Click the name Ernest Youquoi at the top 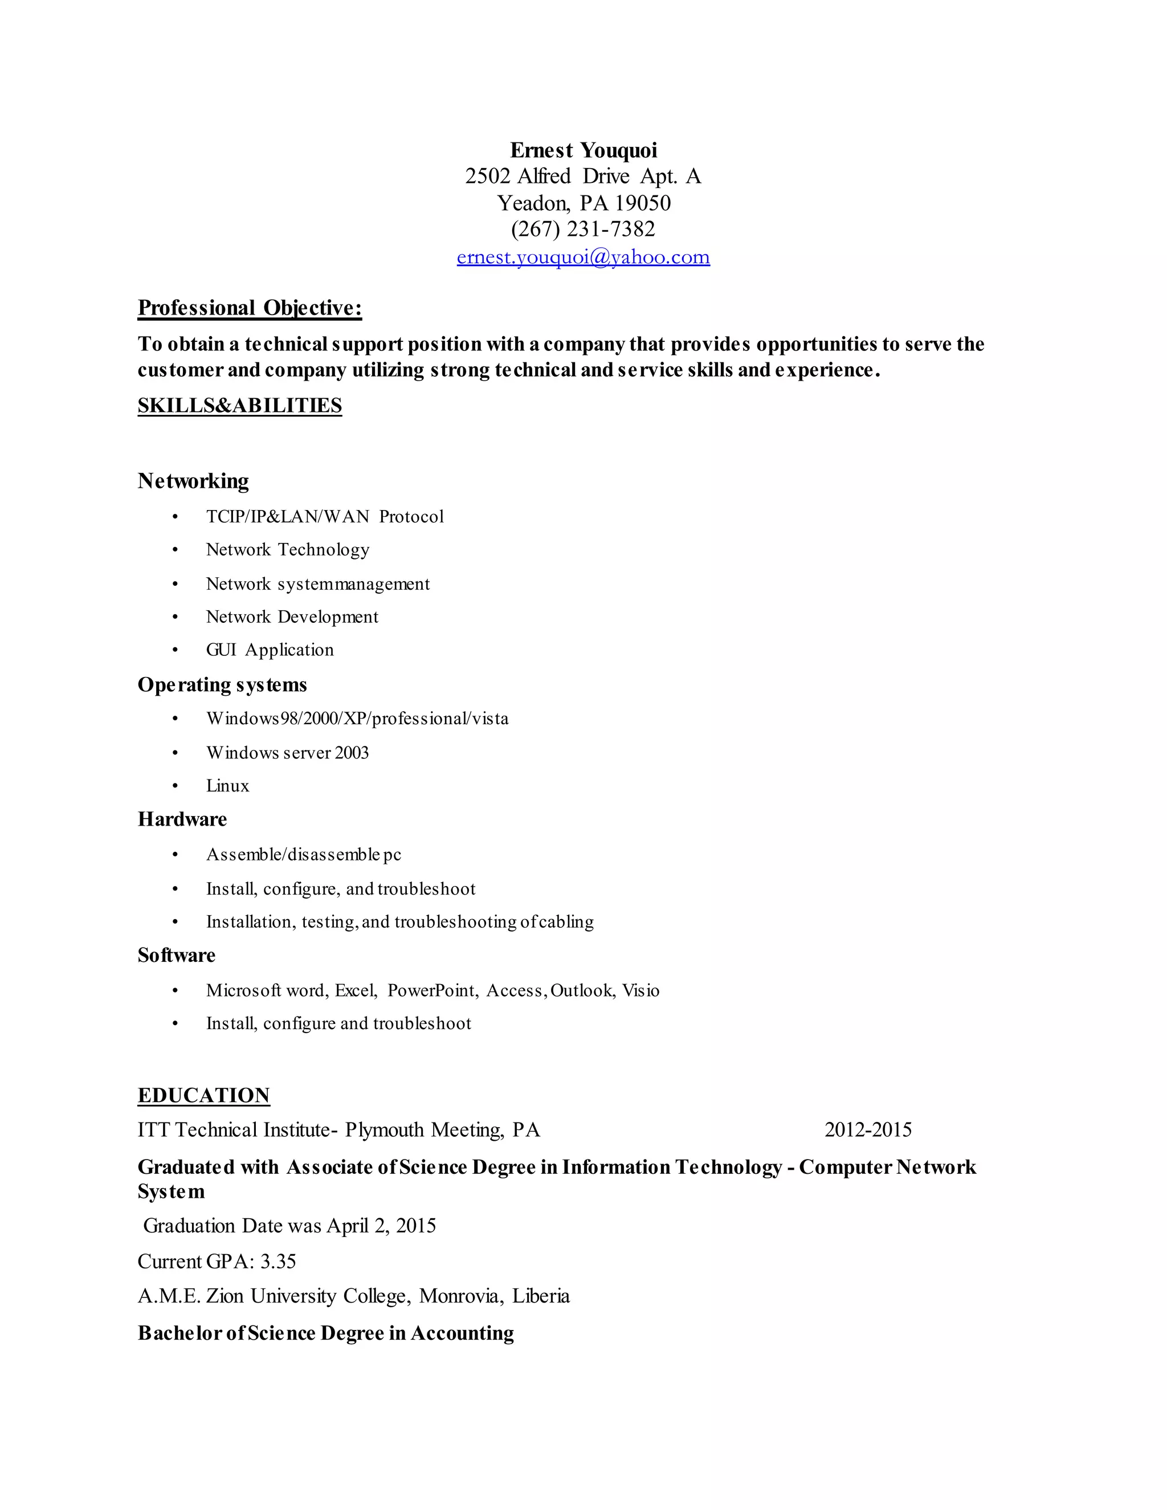[x=583, y=150]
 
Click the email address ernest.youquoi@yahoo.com [x=583, y=257]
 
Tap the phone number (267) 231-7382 [x=583, y=229]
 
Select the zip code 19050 [x=643, y=203]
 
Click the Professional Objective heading [x=250, y=308]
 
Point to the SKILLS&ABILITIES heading [x=240, y=405]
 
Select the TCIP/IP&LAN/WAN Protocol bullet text [x=325, y=516]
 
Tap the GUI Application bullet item [x=270, y=650]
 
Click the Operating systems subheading [x=222, y=684]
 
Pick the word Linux [x=227, y=786]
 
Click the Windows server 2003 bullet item [x=288, y=752]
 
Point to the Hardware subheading [x=182, y=819]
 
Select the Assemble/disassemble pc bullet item [x=304, y=855]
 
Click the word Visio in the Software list [x=641, y=991]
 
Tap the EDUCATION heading [x=204, y=1095]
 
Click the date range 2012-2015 [x=868, y=1130]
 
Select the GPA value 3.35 [x=278, y=1262]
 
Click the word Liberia [x=541, y=1296]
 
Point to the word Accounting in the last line [x=463, y=1333]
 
